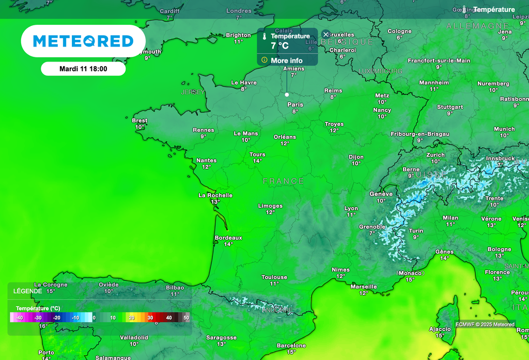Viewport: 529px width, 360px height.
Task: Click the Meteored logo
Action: (83, 41)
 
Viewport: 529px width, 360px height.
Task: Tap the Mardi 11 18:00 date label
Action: (83, 69)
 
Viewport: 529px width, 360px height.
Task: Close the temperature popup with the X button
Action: (325, 35)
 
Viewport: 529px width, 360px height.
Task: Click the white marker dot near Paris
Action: (287, 95)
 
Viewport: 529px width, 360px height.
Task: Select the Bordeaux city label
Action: (228, 238)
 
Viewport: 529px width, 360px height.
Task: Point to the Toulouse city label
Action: (274, 277)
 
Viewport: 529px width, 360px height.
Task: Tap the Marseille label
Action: (364, 287)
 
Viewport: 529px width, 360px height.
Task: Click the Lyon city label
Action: (351, 209)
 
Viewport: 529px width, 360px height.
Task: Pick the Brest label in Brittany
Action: (139, 121)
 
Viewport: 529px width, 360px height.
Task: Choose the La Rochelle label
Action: (215, 195)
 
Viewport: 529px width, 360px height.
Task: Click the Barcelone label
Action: (291, 346)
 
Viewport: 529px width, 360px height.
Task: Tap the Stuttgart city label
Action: (450, 107)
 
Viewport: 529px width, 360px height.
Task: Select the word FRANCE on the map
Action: (283, 181)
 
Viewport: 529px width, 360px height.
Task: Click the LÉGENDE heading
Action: (28, 291)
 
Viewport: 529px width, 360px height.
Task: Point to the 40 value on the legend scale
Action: (169, 318)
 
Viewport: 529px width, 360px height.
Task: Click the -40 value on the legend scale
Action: (19, 318)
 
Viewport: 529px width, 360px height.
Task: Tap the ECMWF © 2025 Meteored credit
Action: (485, 324)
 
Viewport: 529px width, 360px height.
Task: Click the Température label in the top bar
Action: (494, 10)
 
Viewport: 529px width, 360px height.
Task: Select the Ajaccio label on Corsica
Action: (440, 329)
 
